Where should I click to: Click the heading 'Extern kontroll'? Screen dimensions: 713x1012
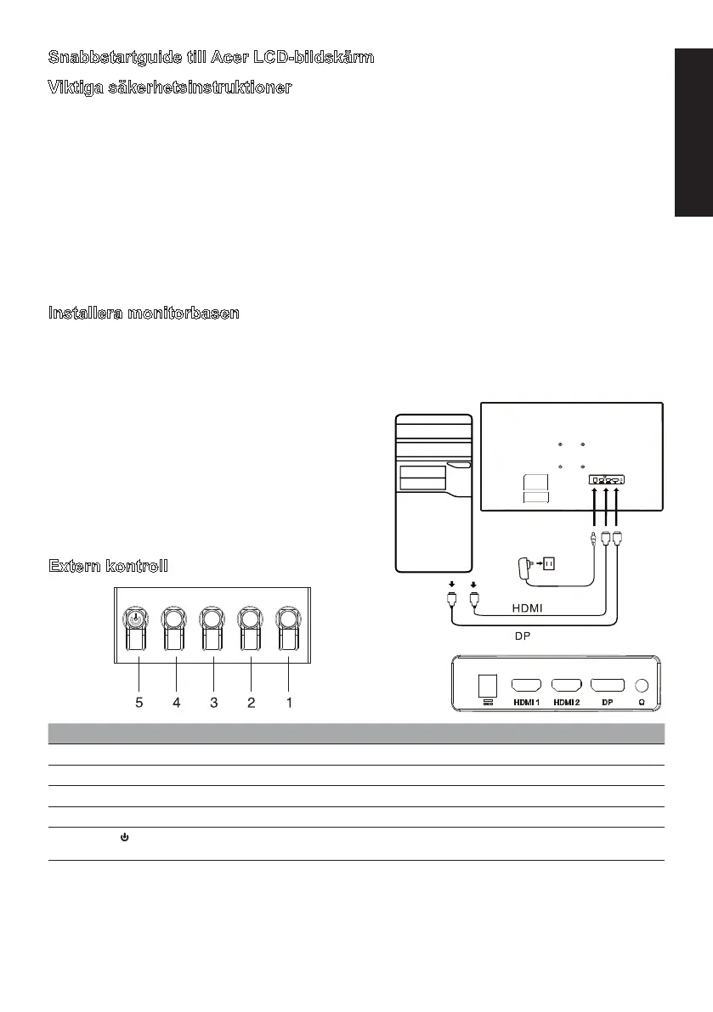(108, 566)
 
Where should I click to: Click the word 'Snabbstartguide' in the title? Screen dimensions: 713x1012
(106, 58)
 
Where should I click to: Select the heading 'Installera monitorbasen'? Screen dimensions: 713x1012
(144, 314)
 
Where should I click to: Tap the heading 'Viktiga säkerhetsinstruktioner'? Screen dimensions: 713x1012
(169, 88)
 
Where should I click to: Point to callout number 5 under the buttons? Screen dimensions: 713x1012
(139, 703)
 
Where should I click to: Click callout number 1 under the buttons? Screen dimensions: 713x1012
(289, 703)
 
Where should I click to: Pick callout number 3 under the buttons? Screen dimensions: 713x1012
(213, 703)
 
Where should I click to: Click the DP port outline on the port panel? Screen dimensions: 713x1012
(608, 684)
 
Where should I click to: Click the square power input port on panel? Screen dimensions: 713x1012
(487, 685)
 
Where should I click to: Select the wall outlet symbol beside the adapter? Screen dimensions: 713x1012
(548, 563)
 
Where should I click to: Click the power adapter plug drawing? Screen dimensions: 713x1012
(526, 567)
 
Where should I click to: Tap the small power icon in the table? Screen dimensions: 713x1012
(124, 838)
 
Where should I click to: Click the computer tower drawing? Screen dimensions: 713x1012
(434, 493)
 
